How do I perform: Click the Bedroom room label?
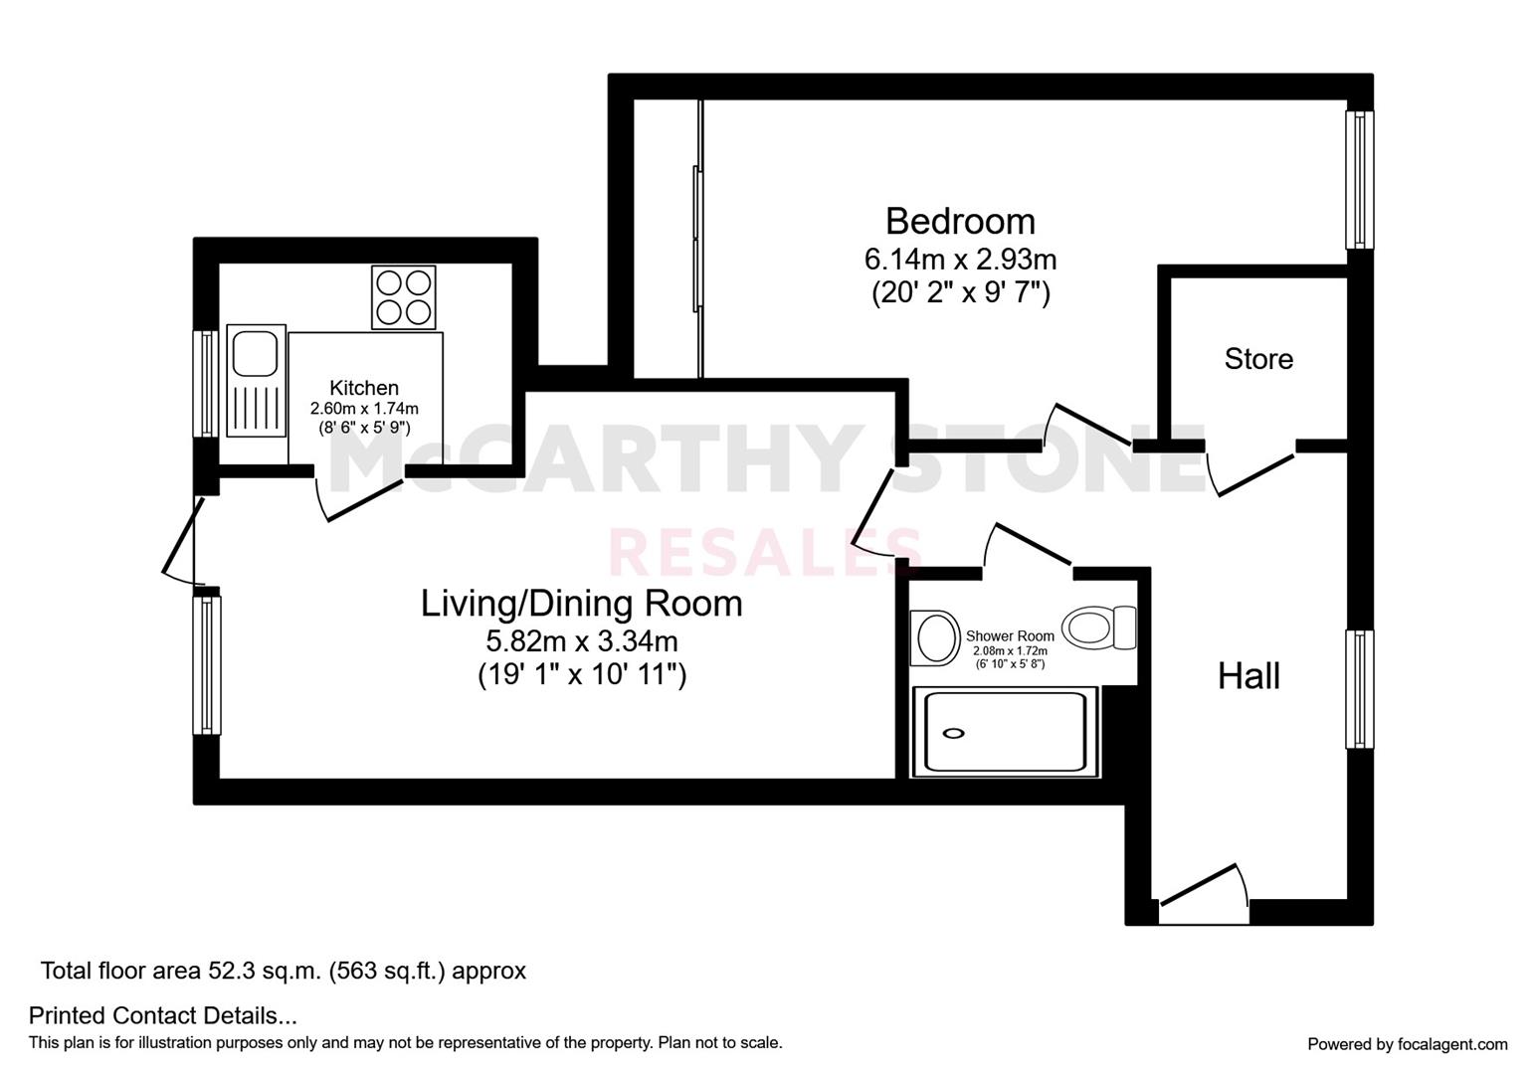tap(960, 220)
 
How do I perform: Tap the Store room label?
tap(1258, 358)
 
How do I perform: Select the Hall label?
tap(1248, 676)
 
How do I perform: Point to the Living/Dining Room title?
tap(581, 604)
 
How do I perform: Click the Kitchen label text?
tap(364, 388)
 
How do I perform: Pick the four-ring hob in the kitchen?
tap(404, 296)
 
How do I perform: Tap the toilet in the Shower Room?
tap(1098, 627)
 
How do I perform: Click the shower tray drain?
tap(953, 733)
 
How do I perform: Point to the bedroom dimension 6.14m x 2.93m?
tap(960, 260)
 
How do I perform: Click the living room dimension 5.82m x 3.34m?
tap(582, 641)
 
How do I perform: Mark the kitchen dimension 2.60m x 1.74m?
tap(364, 409)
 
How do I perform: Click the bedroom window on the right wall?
tap(1359, 179)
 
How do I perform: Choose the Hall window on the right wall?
tap(1359, 688)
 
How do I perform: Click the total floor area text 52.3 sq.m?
tap(283, 971)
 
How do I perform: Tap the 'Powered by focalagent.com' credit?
tap(1407, 1044)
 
